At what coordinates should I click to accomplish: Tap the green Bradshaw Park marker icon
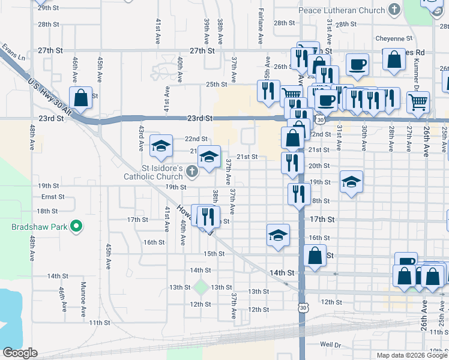pos(76,227)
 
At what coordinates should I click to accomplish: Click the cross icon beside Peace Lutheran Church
pos(394,10)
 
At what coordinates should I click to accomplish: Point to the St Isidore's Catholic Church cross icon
pos(191,172)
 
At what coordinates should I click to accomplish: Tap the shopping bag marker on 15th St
pos(315,255)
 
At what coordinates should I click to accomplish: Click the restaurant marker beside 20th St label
pos(292,163)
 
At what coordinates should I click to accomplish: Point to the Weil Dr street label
pos(330,344)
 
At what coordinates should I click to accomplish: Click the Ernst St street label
pos(53,197)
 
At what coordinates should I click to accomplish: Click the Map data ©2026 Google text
pos(411,355)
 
